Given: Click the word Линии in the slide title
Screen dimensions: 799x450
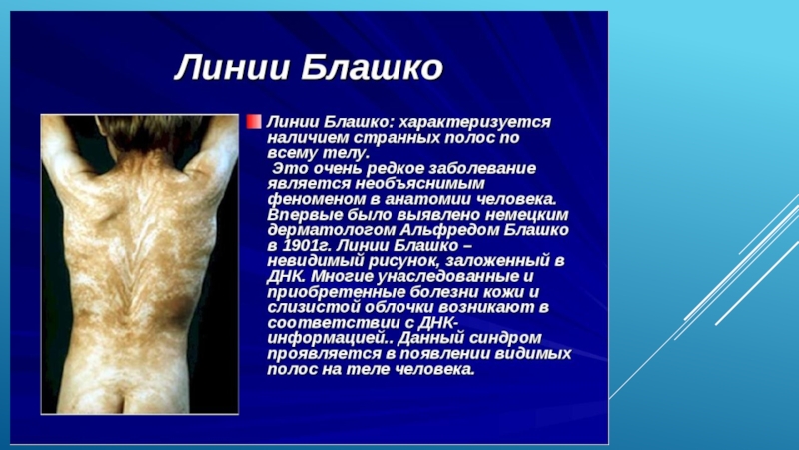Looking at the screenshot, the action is (x=232, y=68).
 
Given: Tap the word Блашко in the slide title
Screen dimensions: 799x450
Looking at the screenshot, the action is (x=372, y=68).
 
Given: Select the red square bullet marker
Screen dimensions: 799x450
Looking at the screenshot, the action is (x=254, y=121).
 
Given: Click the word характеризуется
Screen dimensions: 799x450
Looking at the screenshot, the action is (x=474, y=122).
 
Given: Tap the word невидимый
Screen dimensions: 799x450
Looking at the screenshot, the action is (x=313, y=261).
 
